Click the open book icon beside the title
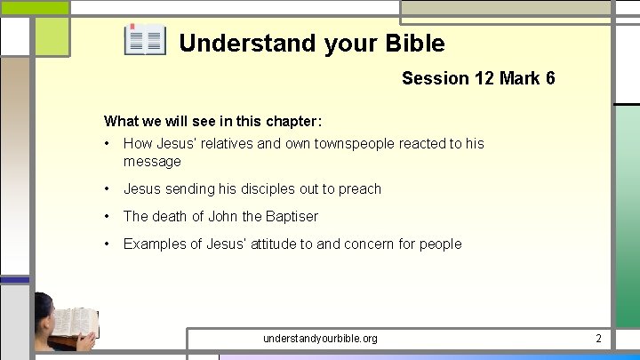coord(145,41)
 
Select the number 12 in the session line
coord(484,78)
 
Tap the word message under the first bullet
coord(152,162)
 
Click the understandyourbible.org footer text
coord(320,339)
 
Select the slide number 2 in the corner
coord(598,339)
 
